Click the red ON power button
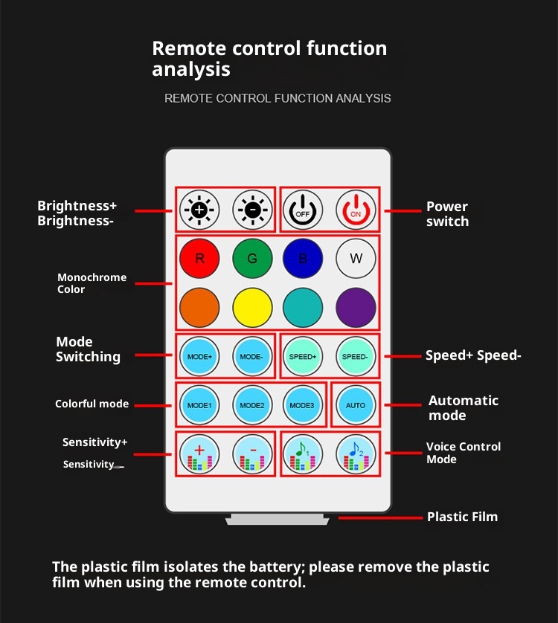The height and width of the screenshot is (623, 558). click(x=355, y=210)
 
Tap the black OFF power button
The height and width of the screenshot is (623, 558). click(x=303, y=210)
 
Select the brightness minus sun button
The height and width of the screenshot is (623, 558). click(x=252, y=210)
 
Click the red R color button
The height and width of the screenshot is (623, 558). click(x=199, y=259)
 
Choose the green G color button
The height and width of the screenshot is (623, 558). click(x=252, y=259)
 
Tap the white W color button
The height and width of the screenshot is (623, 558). click(x=356, y=259)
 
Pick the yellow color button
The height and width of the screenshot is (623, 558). click(x=252, y=306)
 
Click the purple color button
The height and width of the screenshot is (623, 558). click(x=356, y=306)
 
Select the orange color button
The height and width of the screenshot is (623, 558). click(x=199, y=306)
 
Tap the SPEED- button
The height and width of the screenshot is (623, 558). click(x=356, y=356)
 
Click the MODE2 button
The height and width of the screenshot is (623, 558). click(x=252, y=405)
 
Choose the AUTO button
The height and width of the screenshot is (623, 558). click(x=356, y=405)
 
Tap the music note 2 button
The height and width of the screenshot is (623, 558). click(x=356, y=453)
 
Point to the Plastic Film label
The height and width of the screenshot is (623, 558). click(x=462, y=517)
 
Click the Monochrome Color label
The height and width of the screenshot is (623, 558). click(x=92, y=283)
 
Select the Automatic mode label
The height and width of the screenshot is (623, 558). click(x=464, y=407)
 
